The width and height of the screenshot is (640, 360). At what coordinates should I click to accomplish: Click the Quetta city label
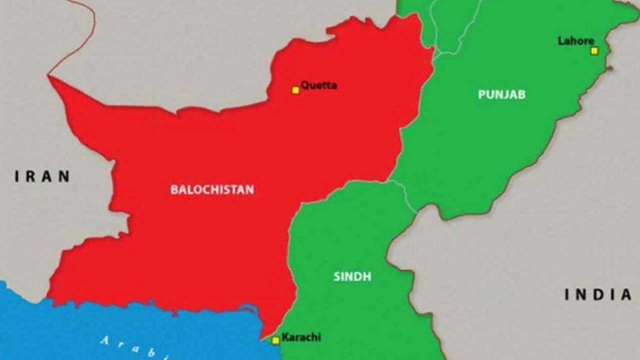click(319, 85)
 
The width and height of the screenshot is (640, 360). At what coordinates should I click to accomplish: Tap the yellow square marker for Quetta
click(295, 90)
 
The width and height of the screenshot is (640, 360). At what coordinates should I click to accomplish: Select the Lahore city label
click(576, 41)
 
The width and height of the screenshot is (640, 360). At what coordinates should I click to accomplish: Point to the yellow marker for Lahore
click(594, 51)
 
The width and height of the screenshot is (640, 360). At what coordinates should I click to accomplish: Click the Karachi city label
click(301, 337)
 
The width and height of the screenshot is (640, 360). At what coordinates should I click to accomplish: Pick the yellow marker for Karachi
click(276, 340)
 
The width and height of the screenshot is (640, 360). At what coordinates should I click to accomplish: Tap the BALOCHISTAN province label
click(212, 189)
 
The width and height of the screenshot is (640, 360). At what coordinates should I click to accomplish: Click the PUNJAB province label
click(502, 94)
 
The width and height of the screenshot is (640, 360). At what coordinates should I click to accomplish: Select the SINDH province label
click(352, 276)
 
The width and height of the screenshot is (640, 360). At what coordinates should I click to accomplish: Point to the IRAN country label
click(43, 176)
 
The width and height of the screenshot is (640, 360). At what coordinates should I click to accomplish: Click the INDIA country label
click(598, 294)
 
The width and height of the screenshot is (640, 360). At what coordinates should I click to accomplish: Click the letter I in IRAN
click(17, 176)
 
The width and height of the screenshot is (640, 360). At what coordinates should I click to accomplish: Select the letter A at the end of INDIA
click(626, 294)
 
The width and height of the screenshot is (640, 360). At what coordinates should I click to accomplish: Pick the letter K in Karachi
click(284, 337)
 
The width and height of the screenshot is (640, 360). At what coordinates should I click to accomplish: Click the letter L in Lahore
click(561, 41)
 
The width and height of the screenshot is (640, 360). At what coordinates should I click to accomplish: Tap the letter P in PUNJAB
click(482, 94)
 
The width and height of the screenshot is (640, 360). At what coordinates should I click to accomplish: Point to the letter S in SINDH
click(336, 276)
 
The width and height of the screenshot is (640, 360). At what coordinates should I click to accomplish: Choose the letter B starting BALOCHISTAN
click(174, 189)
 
